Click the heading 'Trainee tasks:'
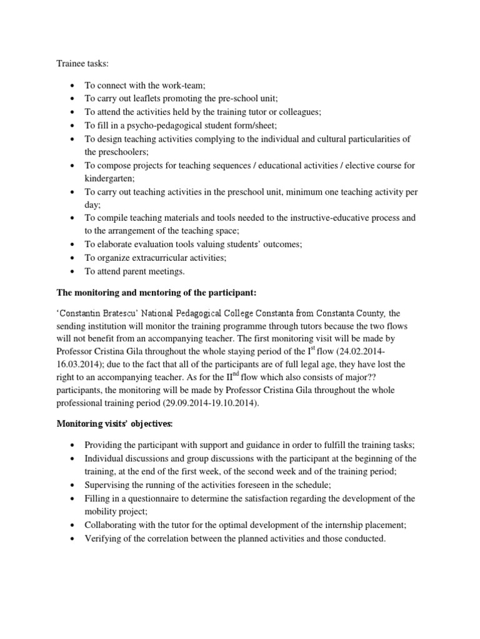coord(82,64)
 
